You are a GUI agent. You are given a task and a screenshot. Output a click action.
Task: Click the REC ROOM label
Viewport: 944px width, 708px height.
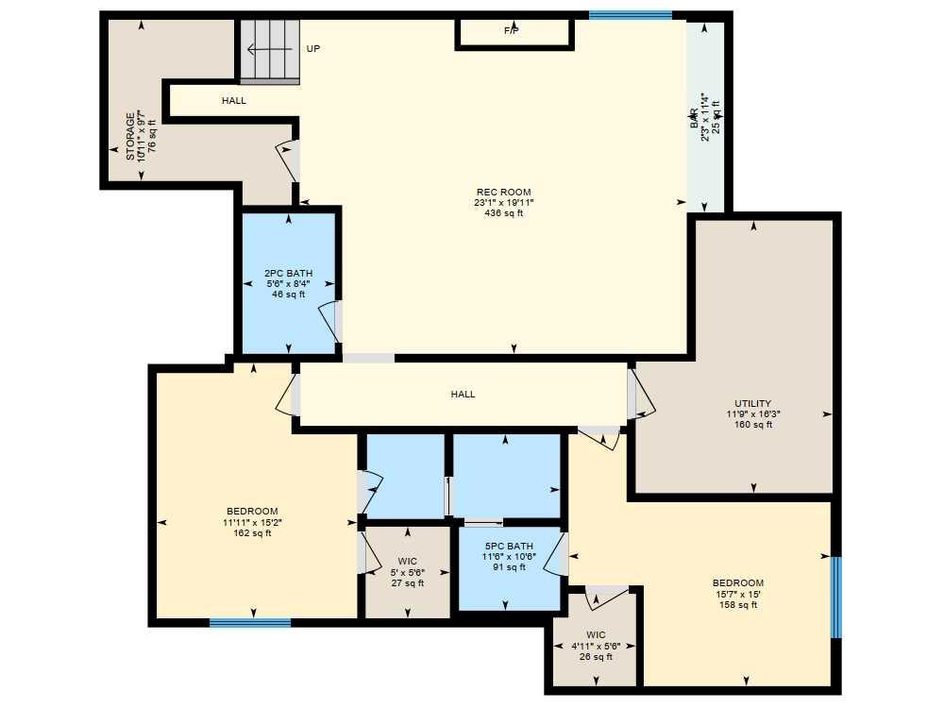click(x=502, y=193)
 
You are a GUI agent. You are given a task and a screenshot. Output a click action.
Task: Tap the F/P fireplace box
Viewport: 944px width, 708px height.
click(x=514, y=32)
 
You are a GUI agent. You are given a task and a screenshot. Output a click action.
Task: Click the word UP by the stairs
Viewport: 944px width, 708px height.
click(x=313, y=48)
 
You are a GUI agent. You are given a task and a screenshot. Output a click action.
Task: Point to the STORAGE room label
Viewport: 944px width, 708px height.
click(x=129, y=138)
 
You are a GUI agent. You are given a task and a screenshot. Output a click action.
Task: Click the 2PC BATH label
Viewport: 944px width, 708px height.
click(x=288, y=274)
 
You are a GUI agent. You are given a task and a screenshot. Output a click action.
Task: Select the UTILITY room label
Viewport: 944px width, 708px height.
click(x=752, y=403)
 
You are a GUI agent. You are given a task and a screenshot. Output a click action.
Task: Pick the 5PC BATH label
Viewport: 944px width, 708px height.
click(x=509, y=546)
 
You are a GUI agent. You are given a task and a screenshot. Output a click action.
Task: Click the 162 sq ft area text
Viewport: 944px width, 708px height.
click(x=252, y=533)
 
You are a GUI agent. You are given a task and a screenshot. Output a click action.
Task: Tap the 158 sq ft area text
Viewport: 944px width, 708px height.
click(x=737, y=605)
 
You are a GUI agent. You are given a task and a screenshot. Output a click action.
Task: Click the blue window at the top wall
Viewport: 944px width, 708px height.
click(x=630, y=15)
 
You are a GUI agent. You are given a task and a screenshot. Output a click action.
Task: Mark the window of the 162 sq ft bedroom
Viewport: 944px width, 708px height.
click(x=250, y=622)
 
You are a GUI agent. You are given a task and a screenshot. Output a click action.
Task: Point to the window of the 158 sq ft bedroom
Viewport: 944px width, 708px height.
click(x=835, y=598)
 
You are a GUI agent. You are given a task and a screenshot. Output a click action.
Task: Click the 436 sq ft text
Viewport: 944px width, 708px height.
click(x=502, y=213)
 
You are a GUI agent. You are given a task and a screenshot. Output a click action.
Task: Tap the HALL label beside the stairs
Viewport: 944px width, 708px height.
click(x=234, y=100)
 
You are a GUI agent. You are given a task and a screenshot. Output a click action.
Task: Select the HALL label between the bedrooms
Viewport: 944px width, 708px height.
click(x=463, y=395)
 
